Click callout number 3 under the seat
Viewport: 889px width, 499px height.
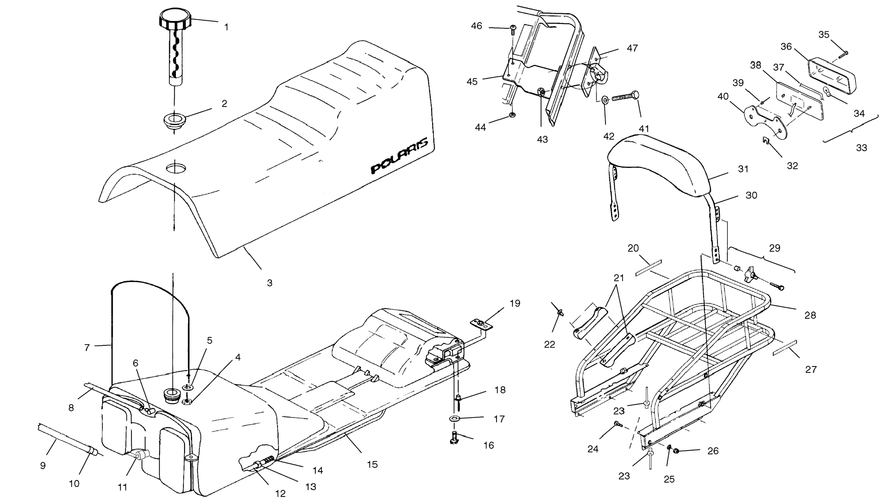270,283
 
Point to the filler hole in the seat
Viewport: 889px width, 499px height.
176,169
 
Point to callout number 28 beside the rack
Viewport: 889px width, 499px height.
810,315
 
